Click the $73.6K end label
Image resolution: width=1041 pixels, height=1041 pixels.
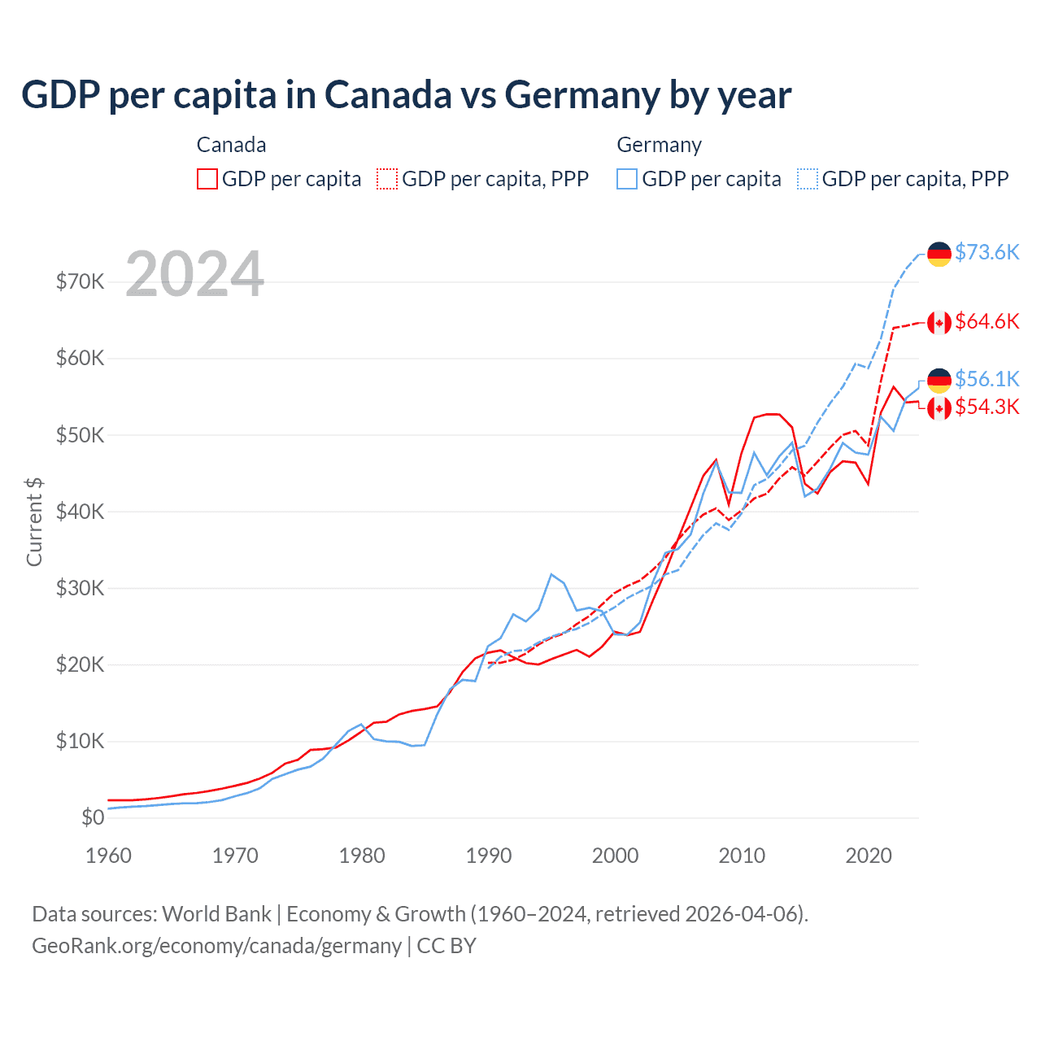pyautogui.click(x=987, y=252)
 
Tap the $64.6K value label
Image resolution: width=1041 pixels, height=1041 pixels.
pyautogui.click(x=987, y=321)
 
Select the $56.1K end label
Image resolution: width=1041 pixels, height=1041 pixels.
pyautogui.click(x=987, y=379)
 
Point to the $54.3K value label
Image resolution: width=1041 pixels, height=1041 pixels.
pyautogui.click(x=987, y=407)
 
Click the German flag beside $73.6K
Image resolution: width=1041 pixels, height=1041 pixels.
pyautogui.click(x=939, y=254)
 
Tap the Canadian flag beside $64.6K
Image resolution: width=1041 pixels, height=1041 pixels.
pyautogui.click(x=939, y=323)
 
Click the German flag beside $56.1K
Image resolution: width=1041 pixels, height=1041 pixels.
pyautogui.click(x=939, y=381)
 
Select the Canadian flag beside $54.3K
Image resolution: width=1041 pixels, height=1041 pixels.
pyautogui.click(x=939, y=407)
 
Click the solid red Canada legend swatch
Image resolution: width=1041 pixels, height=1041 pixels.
pyautogui.click(x=207, y=179)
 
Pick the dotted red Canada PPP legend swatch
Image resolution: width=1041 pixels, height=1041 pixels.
pyautogui.click(x=387, y=179)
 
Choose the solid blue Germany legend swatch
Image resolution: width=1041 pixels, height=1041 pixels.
pyautogui.click(x=627, y=179)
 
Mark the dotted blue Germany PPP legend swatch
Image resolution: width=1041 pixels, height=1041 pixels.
pyautogui.click(x=808, y=179)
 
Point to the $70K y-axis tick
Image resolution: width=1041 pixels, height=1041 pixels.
pyautogui.click(x=80, y=281)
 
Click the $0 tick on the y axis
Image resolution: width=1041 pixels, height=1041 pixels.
pyautogui.click(x=93, y=817)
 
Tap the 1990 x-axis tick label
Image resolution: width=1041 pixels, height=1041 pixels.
pyautogui.click(x=489, y=856)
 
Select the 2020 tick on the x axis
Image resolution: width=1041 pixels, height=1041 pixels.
pyautogui.click(x=869, y=856)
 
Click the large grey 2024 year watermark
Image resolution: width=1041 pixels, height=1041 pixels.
pyautogui.click(x=195, y=274)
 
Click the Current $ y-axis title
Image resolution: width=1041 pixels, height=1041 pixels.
pyautogui.click(x=34, y=522)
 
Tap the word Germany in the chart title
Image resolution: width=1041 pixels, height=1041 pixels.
pyautogui.click(x=581, y=94)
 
